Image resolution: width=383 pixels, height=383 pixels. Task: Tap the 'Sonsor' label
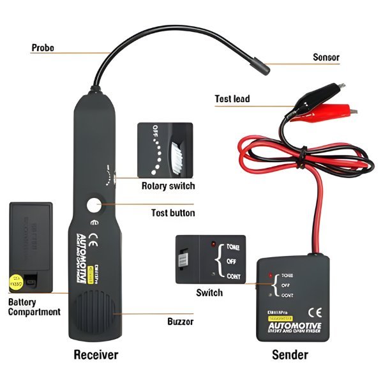point(326,57)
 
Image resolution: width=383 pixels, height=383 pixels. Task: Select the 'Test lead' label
point(232,99)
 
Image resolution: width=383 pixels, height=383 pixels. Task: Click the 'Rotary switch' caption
point(168,186)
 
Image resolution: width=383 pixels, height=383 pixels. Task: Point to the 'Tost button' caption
point(173,213)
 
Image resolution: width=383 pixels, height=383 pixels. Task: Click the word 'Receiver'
point(96,354)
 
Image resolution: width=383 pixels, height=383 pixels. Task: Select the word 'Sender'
point(290,354)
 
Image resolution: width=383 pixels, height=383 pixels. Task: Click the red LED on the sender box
point(271,275)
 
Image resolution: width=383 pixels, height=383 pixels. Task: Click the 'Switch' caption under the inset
point(209,292)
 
